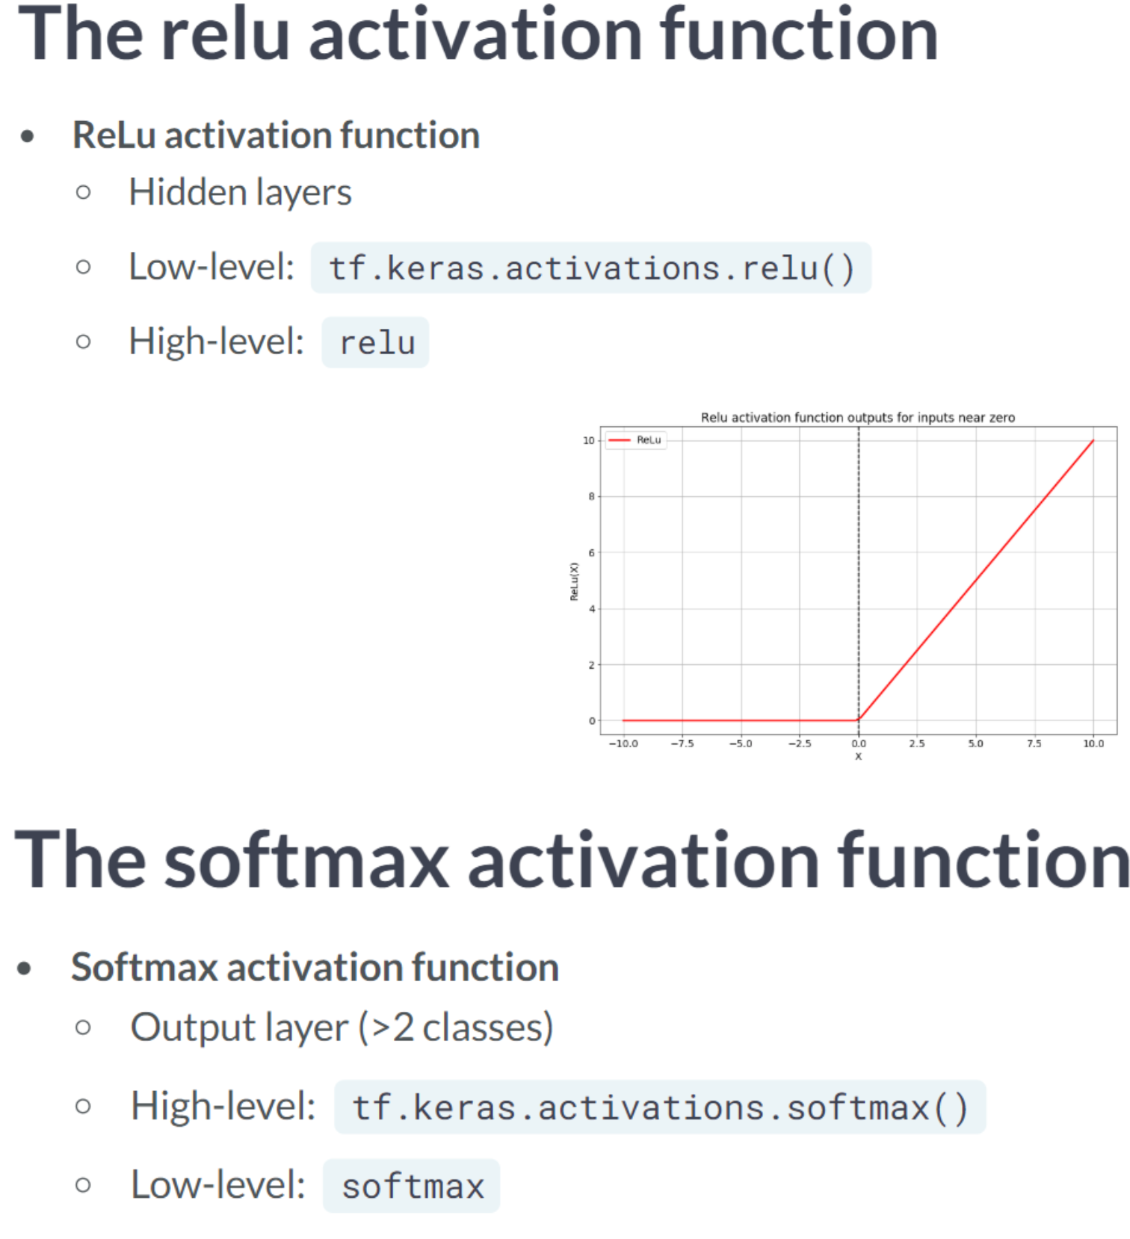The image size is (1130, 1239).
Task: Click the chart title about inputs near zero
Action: coord(857,417)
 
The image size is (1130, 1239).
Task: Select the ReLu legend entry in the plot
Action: coord(635,439)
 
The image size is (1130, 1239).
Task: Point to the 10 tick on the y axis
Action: coord(589,440)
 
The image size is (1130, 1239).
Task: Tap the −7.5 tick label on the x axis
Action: coord(682,743)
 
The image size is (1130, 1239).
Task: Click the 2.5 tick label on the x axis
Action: coord(917,743)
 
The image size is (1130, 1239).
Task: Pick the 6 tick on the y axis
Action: coord(592,552)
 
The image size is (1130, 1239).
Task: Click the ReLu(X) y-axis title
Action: coord(574,581)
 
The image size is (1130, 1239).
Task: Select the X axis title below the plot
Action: coord(858,756)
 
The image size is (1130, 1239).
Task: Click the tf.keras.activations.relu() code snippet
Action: coord(590,268)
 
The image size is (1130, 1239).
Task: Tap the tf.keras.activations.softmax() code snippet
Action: coord(660,1107)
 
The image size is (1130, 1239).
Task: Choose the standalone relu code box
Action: coord(376,342)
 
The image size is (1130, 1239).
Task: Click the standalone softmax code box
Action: coord(412,1185)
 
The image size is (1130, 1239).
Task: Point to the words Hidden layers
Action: coord(240,192)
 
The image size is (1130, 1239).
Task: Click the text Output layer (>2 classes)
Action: coord(342,1027)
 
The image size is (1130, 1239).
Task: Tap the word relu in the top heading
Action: coord(225,34)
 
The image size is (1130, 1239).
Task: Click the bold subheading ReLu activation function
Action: coord(276,135)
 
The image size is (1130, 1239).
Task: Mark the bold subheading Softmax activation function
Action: coord(315,967)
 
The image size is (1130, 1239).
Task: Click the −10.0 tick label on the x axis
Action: coord(623,743)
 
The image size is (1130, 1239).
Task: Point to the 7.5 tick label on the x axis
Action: coord(1034,743)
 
